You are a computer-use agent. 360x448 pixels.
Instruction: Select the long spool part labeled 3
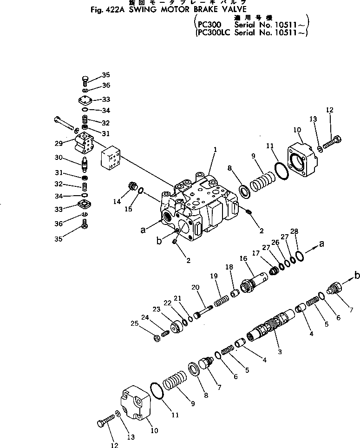point(268,325)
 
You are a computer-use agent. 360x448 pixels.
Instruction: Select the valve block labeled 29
point(84,142)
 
